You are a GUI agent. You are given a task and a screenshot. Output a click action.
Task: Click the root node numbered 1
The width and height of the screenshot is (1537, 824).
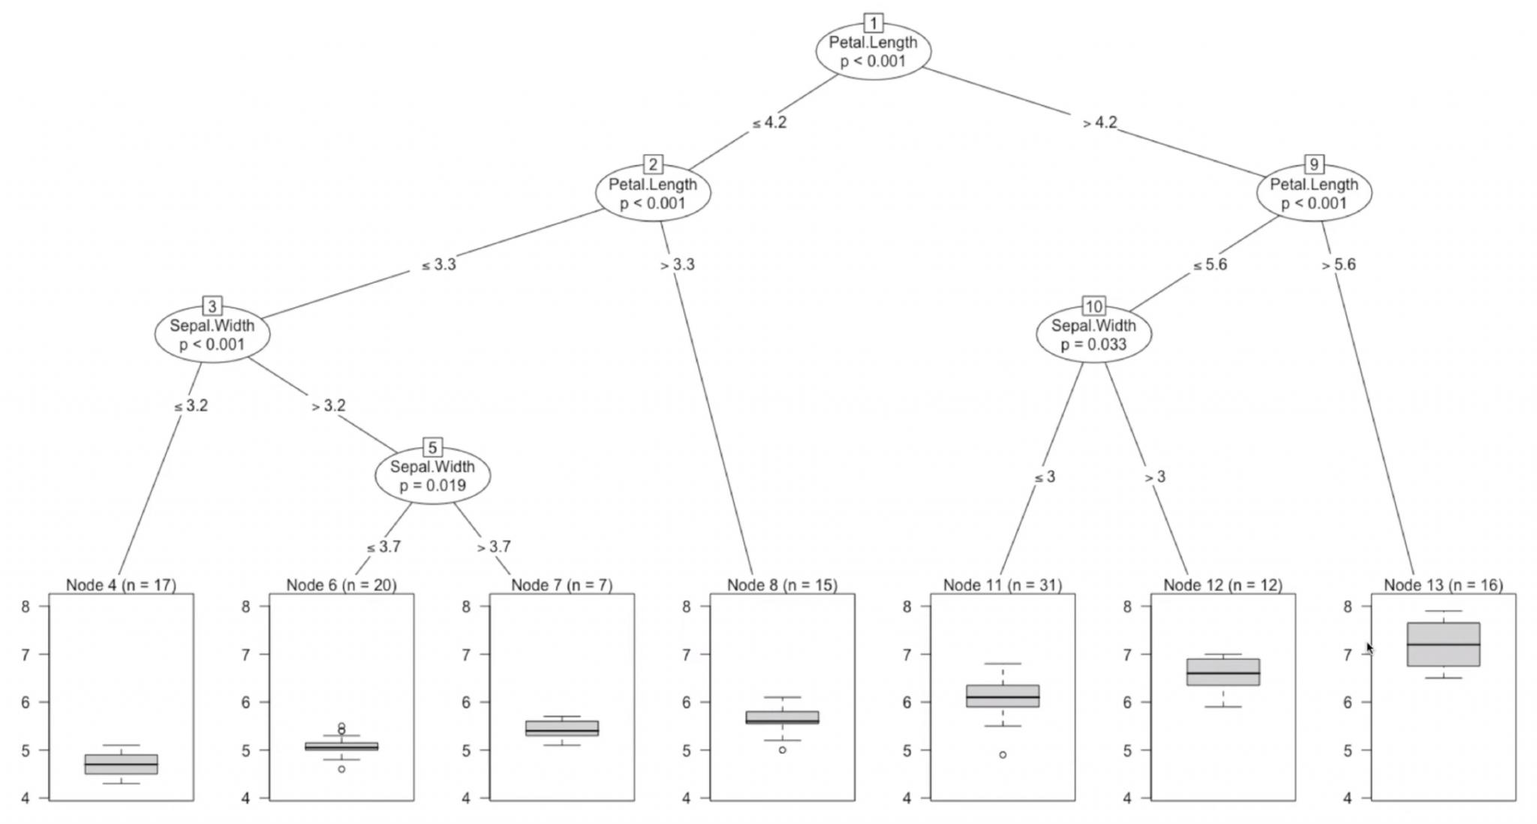[873, 51]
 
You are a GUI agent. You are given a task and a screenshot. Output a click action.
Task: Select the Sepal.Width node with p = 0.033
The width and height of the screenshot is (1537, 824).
[1093, 335]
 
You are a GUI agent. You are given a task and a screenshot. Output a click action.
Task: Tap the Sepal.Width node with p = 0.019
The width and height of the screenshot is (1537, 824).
[432, 476]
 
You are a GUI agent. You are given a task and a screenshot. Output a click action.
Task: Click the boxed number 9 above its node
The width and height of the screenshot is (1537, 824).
[1313, 164]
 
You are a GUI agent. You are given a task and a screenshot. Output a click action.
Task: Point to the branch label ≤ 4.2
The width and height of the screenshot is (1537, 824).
[769, 122]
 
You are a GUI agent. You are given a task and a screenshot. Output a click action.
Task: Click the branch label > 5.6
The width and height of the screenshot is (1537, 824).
[1338, 264]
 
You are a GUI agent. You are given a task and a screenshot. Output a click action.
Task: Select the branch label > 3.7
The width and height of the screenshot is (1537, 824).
[493, 547]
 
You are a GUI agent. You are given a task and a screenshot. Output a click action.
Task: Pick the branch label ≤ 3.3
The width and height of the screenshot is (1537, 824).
[438, 264]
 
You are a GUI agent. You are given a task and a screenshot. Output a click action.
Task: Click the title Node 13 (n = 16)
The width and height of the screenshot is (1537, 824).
[1442, 585]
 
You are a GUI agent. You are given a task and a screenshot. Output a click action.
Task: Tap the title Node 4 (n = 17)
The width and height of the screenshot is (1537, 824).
[121, 585]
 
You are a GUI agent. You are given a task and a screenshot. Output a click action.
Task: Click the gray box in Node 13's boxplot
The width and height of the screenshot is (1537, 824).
[1443, 644]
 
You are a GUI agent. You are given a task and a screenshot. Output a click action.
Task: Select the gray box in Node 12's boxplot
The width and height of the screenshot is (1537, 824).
[1223, 672]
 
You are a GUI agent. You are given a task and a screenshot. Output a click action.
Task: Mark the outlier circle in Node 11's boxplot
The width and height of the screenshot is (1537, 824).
[1003, 754]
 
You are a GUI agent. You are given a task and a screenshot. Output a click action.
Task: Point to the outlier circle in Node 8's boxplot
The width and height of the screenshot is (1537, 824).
[782, 750]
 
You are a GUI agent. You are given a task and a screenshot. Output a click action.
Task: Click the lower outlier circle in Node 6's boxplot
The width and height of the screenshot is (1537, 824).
[341, 768]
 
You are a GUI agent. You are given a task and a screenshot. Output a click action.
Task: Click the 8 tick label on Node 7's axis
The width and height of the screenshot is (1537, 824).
[466, 606]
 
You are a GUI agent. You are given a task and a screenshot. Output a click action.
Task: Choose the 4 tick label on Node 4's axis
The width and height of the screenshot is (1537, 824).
[26, 798]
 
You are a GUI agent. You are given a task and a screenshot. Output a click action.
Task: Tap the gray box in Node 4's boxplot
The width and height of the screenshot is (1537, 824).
[121, 764]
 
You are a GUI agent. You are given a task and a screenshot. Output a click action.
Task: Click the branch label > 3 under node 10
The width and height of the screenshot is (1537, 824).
[1154, 477]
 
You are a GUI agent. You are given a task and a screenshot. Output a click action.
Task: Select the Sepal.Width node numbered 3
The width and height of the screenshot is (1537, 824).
[212, 335]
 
